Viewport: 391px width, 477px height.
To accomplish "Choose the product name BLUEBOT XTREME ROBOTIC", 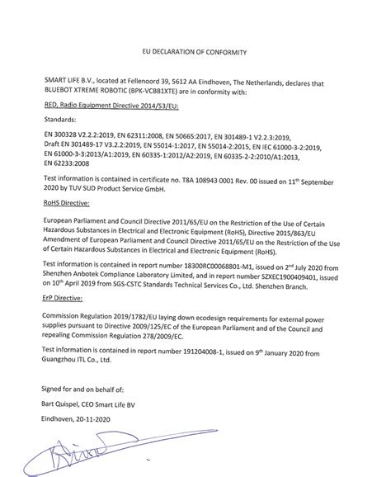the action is (x=78, y=91).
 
